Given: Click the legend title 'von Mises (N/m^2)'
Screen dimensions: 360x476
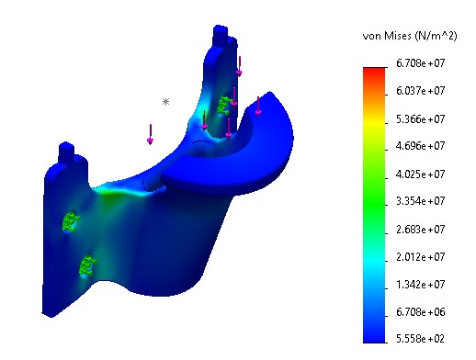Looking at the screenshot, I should (x=411, y=35).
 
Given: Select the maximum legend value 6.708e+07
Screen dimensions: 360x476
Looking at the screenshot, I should (x=422, y=63).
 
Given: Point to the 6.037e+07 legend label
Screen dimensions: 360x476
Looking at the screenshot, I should (x=422, y=91).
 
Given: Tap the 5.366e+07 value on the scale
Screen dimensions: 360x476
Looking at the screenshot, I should (x=422, y=118).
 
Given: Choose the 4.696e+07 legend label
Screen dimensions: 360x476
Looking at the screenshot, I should (x=422, y=145).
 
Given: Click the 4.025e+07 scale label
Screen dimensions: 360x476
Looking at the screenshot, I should (x=422, y=173).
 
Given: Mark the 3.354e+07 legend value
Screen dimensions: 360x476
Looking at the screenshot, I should (x=422, y=200).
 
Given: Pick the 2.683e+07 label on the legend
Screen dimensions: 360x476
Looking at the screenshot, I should (x=422, y=228).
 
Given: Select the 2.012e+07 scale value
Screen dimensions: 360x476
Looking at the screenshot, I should (x=422, y=255).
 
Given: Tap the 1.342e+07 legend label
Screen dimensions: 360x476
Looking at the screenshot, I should (x=422, y=283).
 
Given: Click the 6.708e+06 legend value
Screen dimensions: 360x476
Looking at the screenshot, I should (x=422, y=310).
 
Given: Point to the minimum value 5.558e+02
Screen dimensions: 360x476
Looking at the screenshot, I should (x=422, y=338).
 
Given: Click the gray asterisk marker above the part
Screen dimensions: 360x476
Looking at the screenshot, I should (x=165, y=102).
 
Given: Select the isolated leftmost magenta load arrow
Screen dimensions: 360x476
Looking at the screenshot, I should (x=150, y=134).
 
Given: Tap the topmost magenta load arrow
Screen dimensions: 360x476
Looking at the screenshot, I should (x=239, y=65).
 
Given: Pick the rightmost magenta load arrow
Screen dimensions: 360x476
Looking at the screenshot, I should (x=258, y=105).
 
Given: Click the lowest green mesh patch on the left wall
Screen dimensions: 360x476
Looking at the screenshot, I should (x=87, y=265).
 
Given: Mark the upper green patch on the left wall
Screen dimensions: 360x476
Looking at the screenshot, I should (x=70, y=220).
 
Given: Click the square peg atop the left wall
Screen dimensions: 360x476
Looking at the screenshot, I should (x=66, y=151).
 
